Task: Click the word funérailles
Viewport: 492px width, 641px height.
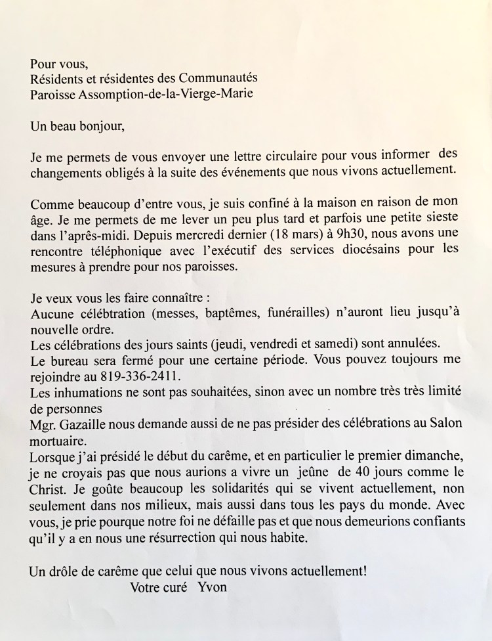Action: (284, 314)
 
